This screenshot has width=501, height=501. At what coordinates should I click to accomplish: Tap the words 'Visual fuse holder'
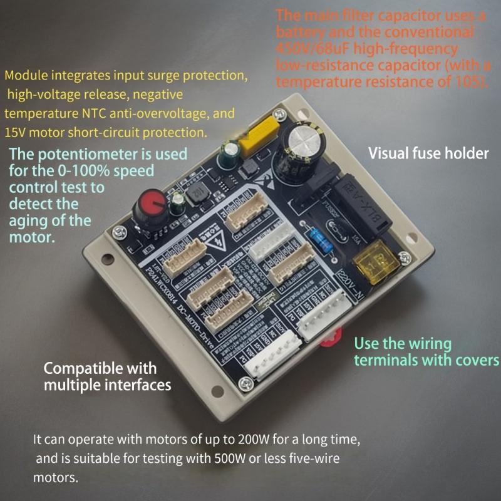[428, 153]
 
